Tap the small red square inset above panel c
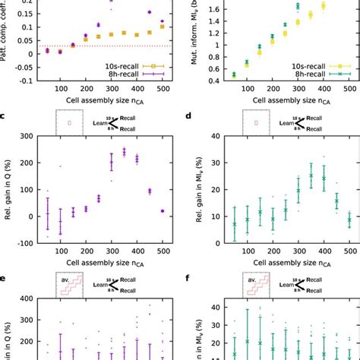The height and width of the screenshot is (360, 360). (69, 122)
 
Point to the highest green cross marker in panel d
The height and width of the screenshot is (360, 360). (289, 176)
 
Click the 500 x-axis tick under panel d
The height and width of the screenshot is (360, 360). (349, 250)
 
